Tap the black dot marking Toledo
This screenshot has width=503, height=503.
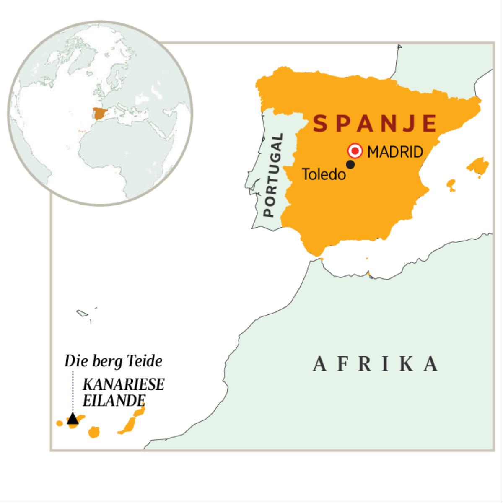pyautogui.click(x=351, y=165)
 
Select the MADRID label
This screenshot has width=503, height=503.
pyautogui.click(x=395, y=152)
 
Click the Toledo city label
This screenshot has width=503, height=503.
pyautogui.click(x=324, y=174)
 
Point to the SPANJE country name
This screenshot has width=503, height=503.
pyautogui.click(x=375, y=124)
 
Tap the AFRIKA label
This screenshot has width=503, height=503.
pyautogui.click(x=376, y=364)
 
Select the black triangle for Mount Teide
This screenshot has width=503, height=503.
pyautogui.click(x=73, y=419)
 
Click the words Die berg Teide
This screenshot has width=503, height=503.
pyautogui.click(x=113, y=361)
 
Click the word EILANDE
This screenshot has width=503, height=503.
pyautogui.click(x=111, y=400)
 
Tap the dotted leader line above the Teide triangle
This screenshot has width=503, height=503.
pyautogui.click(x=73, y=390)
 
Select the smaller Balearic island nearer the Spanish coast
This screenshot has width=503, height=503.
pyautogui.click(x=451, y=184)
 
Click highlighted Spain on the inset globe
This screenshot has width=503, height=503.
pyautogui.click(x=100, y=114)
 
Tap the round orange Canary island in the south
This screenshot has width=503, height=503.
pyautogui.click(x=94, y=432)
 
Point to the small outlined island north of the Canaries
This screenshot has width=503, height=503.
pyautogui.click(x=81, y=313)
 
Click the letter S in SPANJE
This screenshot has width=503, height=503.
pyautogui.click(x=320, y=124)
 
